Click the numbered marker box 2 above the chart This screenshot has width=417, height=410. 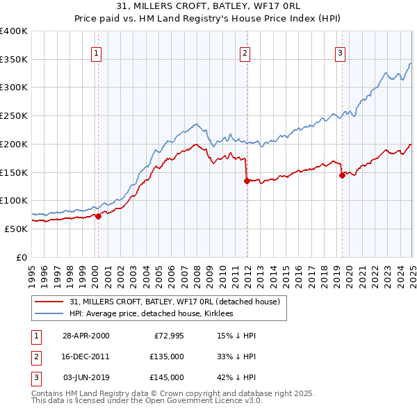pos(245,52)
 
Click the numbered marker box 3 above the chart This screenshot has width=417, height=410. pos(340,52)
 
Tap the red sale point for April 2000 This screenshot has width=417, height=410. pos(99,215)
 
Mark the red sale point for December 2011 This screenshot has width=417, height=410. pos(247,181)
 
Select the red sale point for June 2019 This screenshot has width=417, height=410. pos(342,175)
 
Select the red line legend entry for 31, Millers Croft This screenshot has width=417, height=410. pos(174,302)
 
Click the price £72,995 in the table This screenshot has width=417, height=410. pos(168,336)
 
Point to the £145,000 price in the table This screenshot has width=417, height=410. pos(166,377)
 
